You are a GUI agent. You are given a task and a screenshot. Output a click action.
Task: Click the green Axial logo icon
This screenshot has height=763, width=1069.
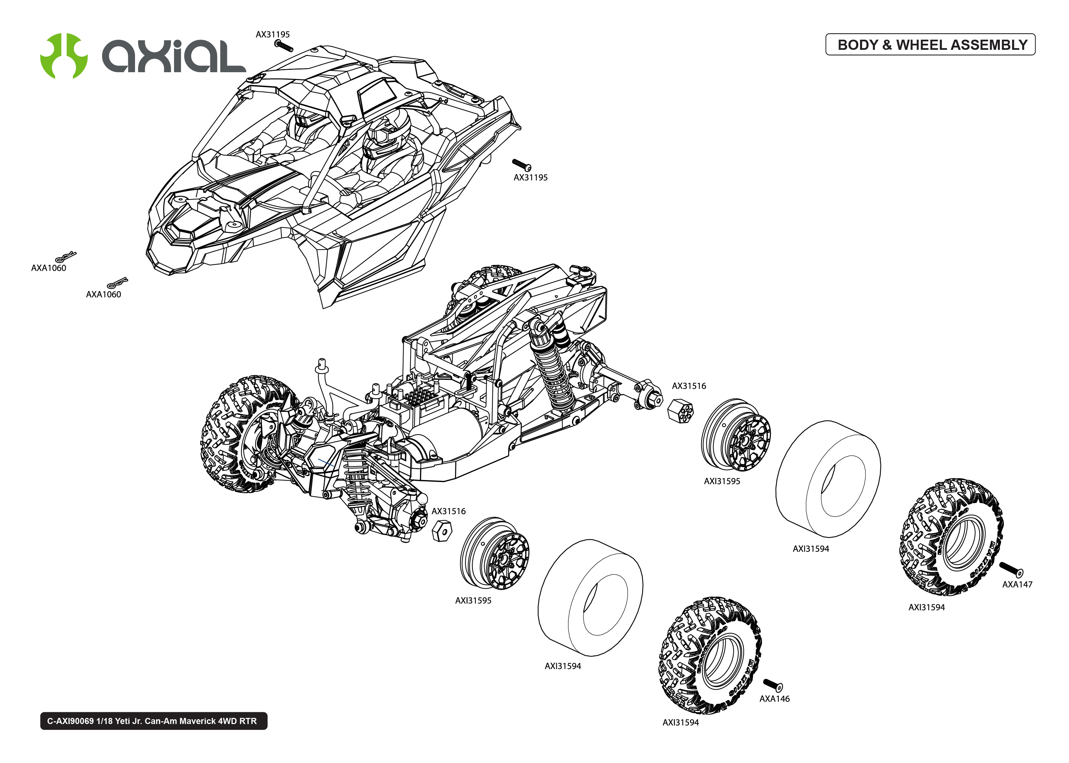click(x=64, y=56)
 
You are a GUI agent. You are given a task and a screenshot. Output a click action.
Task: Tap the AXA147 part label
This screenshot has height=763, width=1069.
click(x=1017, y=584)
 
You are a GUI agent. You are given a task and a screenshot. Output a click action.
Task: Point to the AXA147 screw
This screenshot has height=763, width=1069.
click(x=1011, y=569)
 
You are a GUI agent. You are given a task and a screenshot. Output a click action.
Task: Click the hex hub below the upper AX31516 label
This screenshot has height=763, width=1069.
click(x=680, y=411)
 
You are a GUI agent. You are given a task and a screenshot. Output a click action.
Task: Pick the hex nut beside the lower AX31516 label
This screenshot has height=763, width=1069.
click(x=441, y=530)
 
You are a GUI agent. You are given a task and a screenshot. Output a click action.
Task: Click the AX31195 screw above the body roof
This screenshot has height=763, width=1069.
click(x=284, y=45)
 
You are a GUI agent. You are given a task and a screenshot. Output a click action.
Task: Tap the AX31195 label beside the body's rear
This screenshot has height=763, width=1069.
click(x=530, y=178)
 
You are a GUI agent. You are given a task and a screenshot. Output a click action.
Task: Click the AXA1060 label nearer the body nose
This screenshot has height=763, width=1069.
click(x=103, y=295)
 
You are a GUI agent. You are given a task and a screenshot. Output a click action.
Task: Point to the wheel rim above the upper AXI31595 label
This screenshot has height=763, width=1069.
click(x=736, y=436)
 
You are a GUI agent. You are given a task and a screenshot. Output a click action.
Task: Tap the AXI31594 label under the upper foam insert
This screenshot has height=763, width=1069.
click(x=810, y=549)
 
